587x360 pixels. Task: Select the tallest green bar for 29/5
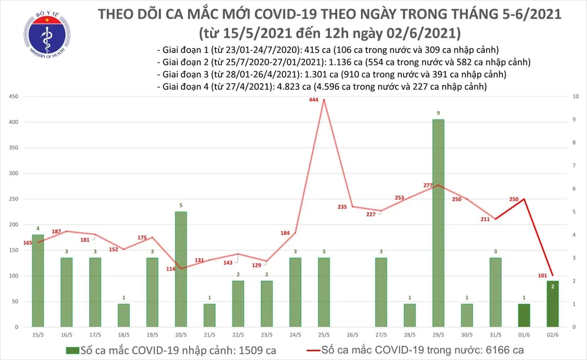(438, 223)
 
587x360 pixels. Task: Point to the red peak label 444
(313, 100)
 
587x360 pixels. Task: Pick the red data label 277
(428, 186)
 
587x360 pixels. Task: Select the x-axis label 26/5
(352, 335)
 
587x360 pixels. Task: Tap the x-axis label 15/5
(37, 335)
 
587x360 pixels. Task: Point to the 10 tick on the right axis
(576, 96)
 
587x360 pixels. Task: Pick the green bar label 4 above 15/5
(38, 228)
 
